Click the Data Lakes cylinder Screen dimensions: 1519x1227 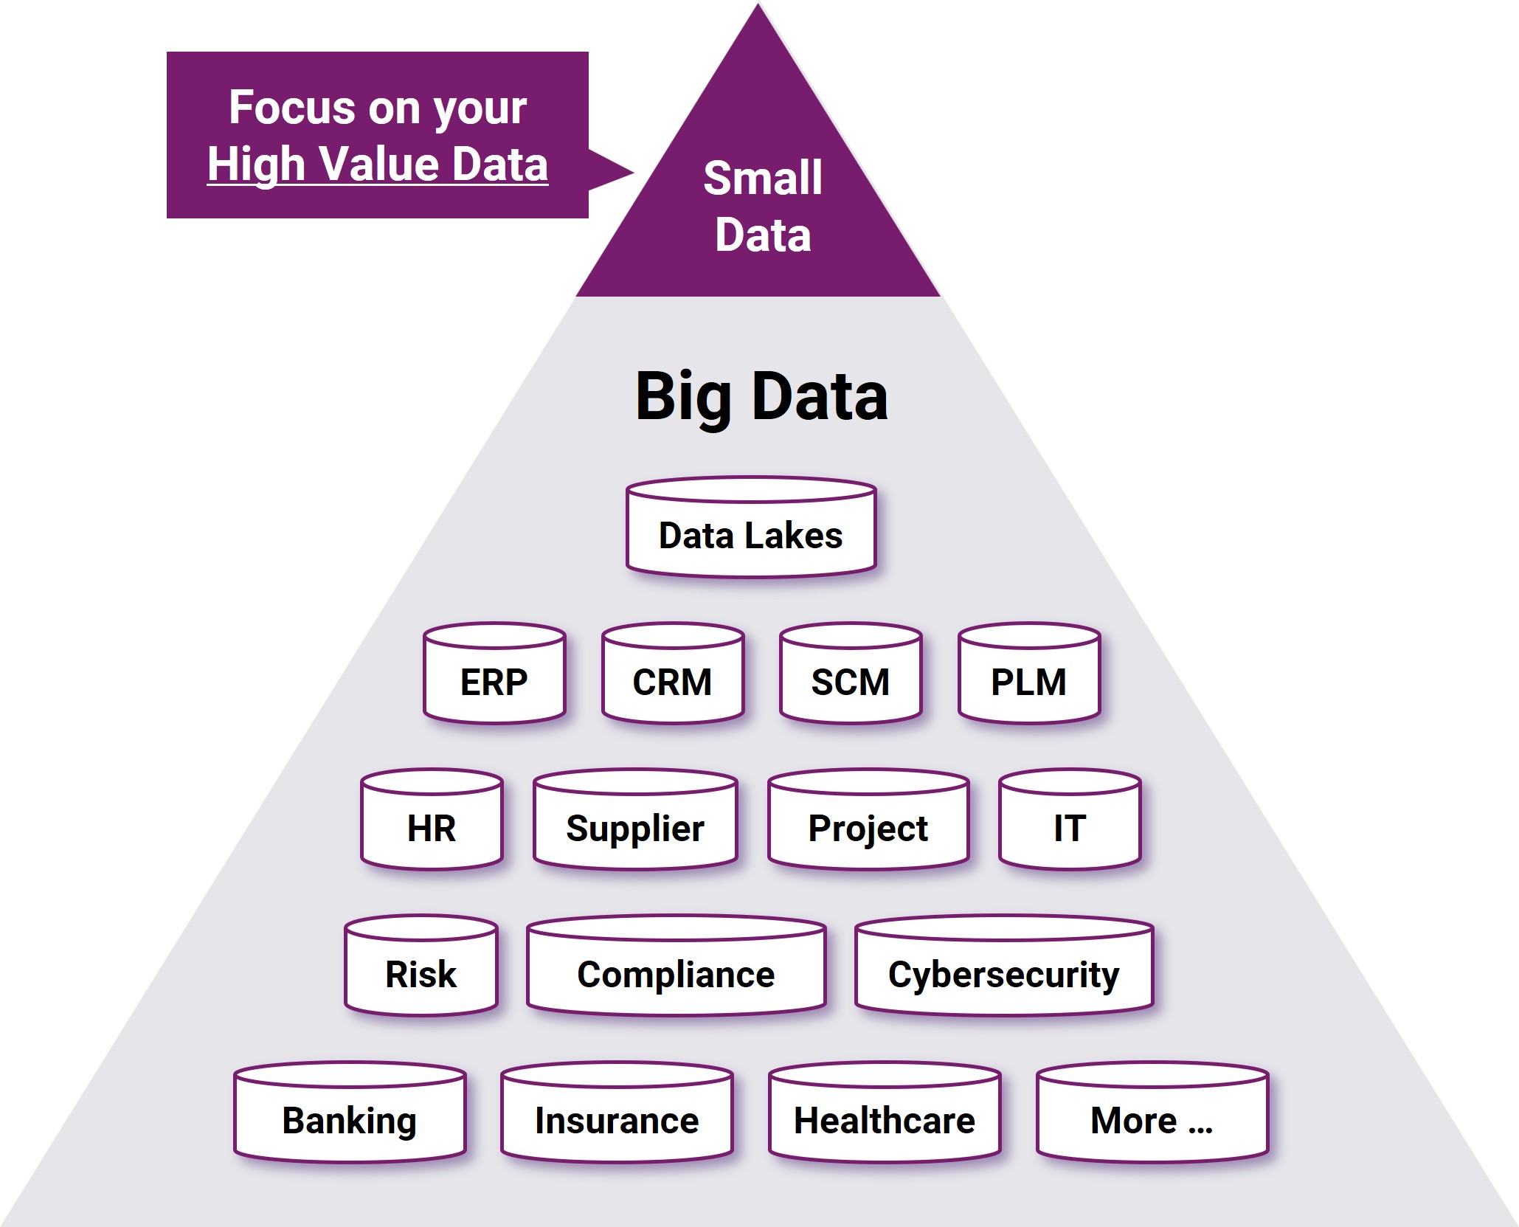[751, 527]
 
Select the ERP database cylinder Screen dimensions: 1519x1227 [494, 673]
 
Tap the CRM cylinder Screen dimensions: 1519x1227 [673, 673]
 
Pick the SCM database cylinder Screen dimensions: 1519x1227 [851, 673]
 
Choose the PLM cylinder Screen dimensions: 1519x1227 [1029, 673]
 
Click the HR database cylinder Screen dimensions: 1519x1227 [432, 819]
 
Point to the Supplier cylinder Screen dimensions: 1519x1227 [635, 819]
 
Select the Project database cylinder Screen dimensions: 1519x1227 [868, 819]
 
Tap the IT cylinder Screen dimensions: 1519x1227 [1070, 819]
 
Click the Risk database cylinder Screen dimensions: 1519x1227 [421, 965]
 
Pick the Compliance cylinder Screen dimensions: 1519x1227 [676, 965]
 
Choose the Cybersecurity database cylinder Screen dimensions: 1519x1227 [1004, 965]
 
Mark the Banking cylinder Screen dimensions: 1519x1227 [350, 1112]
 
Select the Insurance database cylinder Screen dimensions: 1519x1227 [617, 1112]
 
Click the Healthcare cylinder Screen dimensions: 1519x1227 [885, 1112]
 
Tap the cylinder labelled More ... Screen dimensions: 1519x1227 [1152, 1112]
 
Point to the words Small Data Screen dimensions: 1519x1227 [763, 207]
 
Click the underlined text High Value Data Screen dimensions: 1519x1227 [378, 164]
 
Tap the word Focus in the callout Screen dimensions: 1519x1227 [293, 108]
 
